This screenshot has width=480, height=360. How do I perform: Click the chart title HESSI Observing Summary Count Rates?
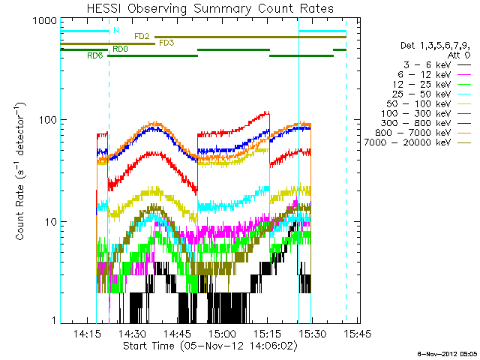[x=204, y=9]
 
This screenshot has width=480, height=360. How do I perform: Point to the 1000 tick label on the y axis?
[x=44, y=22]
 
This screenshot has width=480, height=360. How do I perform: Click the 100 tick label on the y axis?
[x=47, y=120]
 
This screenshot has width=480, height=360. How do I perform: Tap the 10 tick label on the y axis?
[x=50, y=222]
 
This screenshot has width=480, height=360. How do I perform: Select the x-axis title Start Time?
[x=204, y=346]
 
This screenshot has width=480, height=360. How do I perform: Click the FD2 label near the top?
[x=142, y=36]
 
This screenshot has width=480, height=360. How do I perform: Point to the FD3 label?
[x=166, y=43]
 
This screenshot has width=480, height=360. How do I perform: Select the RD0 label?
[x=120, y=49]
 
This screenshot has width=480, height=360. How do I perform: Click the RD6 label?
[x=95, y=55]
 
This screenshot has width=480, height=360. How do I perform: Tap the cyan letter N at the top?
[x=115, y=31]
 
